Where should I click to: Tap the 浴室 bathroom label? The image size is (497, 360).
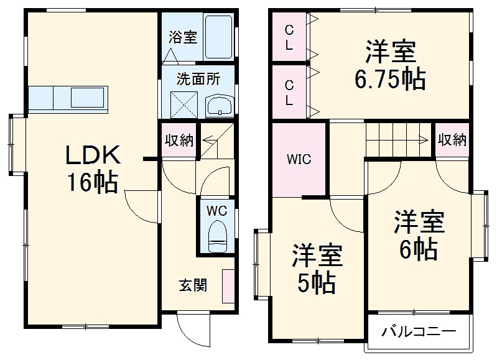182,37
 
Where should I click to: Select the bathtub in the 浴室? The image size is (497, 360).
218,37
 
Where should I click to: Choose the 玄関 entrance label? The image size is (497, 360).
193,285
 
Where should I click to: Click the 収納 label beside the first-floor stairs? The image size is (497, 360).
179,140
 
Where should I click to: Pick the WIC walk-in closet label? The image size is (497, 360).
299,159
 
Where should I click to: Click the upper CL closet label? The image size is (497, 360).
290,37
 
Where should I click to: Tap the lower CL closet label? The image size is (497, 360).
290,91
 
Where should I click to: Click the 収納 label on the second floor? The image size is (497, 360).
452,140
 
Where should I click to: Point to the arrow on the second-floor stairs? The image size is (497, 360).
423,140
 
